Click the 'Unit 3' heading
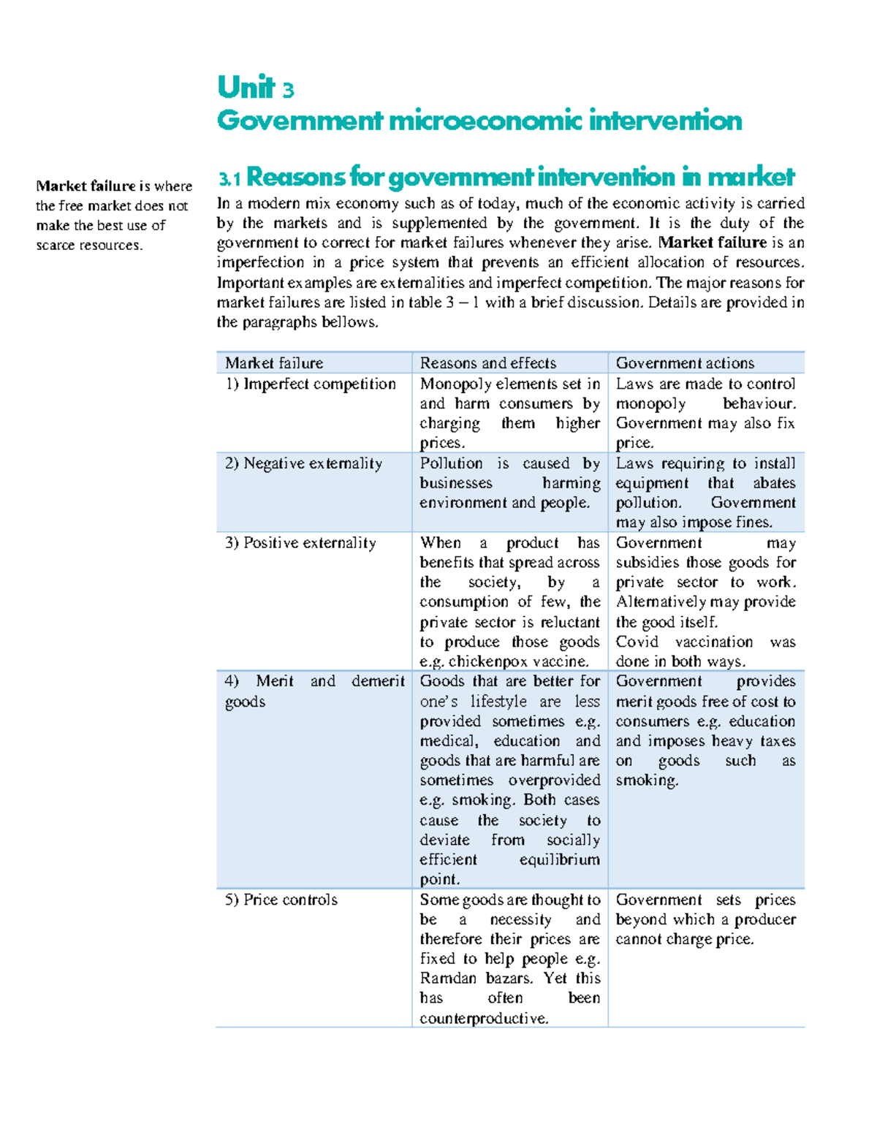(255, 88)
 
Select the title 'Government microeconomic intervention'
(479, 121)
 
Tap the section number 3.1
(229, 178)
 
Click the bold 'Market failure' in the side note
(86, 186)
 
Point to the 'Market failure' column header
(274, 363)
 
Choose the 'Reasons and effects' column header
(487, 363)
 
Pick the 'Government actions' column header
(685, 363)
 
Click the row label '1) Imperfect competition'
(311, 384)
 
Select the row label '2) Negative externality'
(304, 463)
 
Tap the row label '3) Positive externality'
(301, 543)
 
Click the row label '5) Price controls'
(281, 900)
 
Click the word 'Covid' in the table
(637, 642)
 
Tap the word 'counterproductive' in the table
(482, 1018)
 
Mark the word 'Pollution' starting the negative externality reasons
(451, 463)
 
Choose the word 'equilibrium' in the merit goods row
(559, 859)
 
